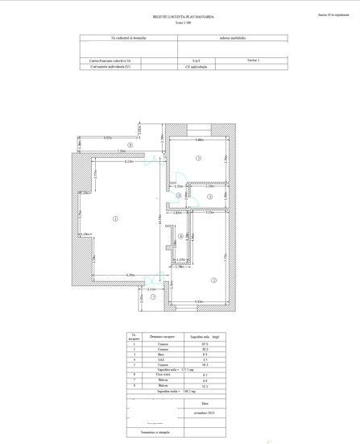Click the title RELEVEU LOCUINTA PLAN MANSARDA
tap(179, 16)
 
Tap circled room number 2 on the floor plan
tap(213, 280)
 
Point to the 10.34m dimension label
tap(160, 218)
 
